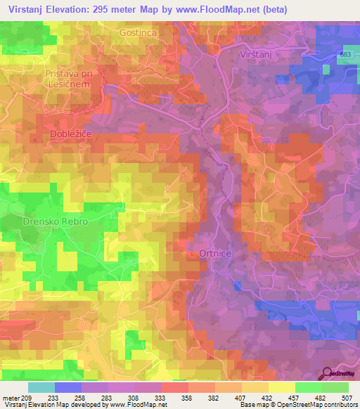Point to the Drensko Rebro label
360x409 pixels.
55,221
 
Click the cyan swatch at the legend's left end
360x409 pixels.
41,387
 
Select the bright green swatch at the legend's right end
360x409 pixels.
335,387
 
